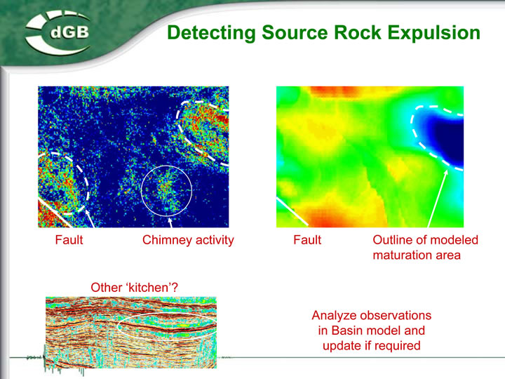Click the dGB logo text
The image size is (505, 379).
(x=69, y=32)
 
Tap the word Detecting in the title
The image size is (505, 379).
(x=211, y=33)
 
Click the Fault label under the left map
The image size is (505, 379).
(x=69, y=240)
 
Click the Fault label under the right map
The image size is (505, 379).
(x=307, y=240)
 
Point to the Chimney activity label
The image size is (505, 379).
(x=188, y=241)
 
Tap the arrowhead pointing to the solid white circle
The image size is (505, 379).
(x=170, y=220)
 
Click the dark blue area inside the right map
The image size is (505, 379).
(x=450, y=138)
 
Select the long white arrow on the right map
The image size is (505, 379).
(x=438, y=198)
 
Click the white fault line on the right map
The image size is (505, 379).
(x=292, y=211)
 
